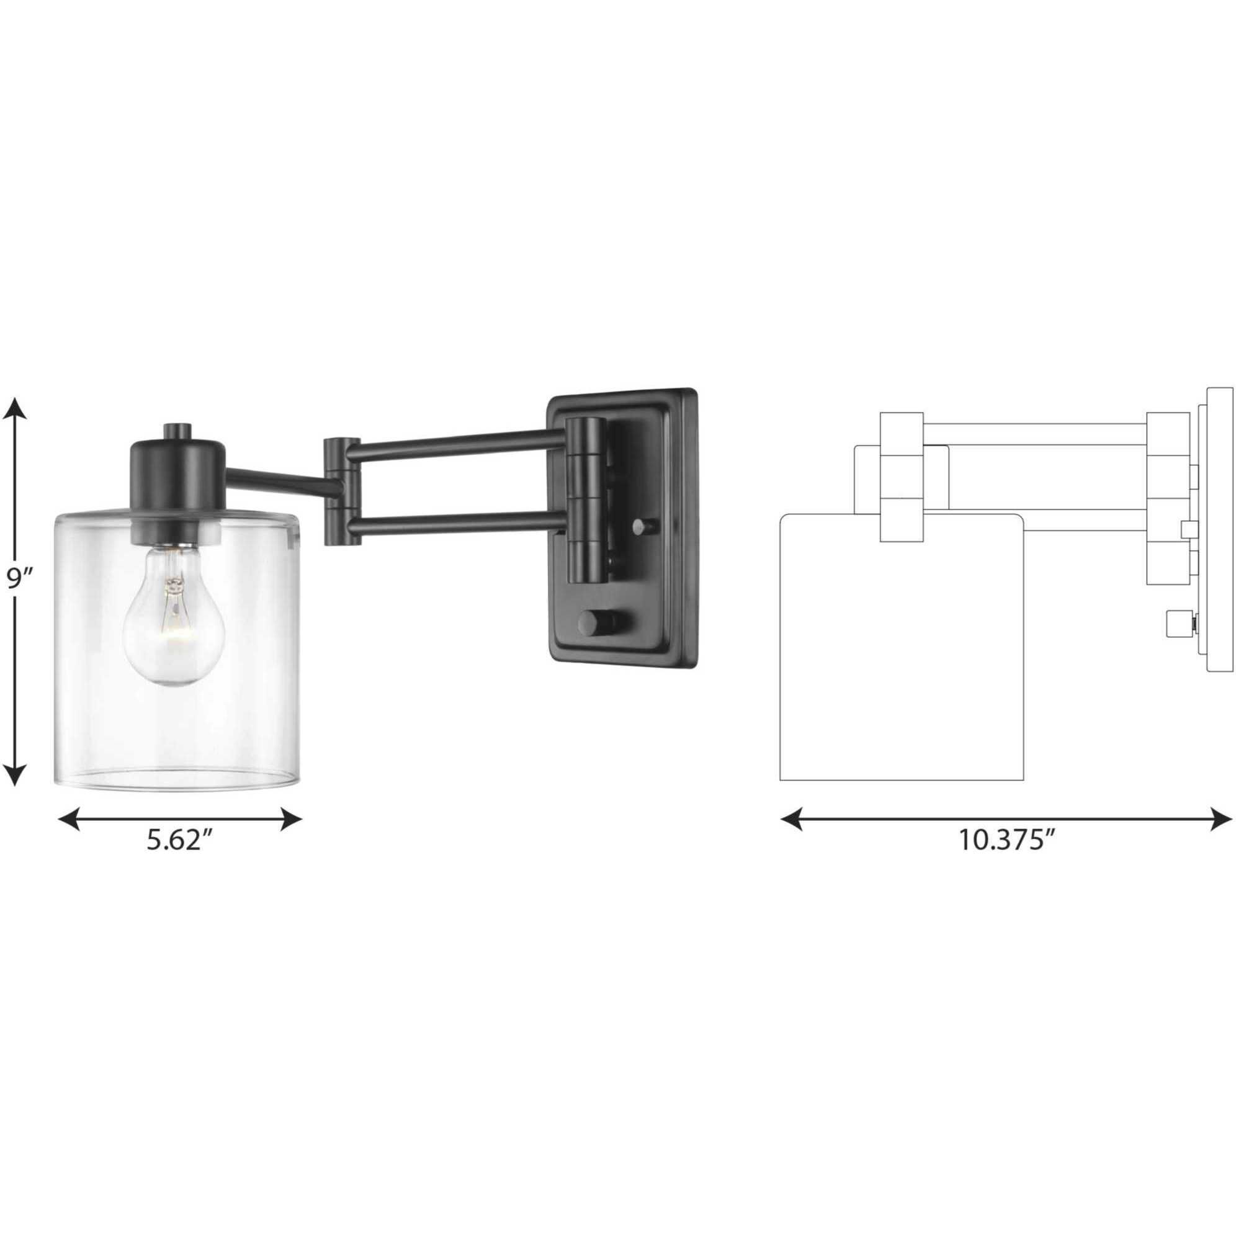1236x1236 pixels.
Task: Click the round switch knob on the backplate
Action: [x=595, y=622]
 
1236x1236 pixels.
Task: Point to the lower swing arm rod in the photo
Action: [x=457, y=524]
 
